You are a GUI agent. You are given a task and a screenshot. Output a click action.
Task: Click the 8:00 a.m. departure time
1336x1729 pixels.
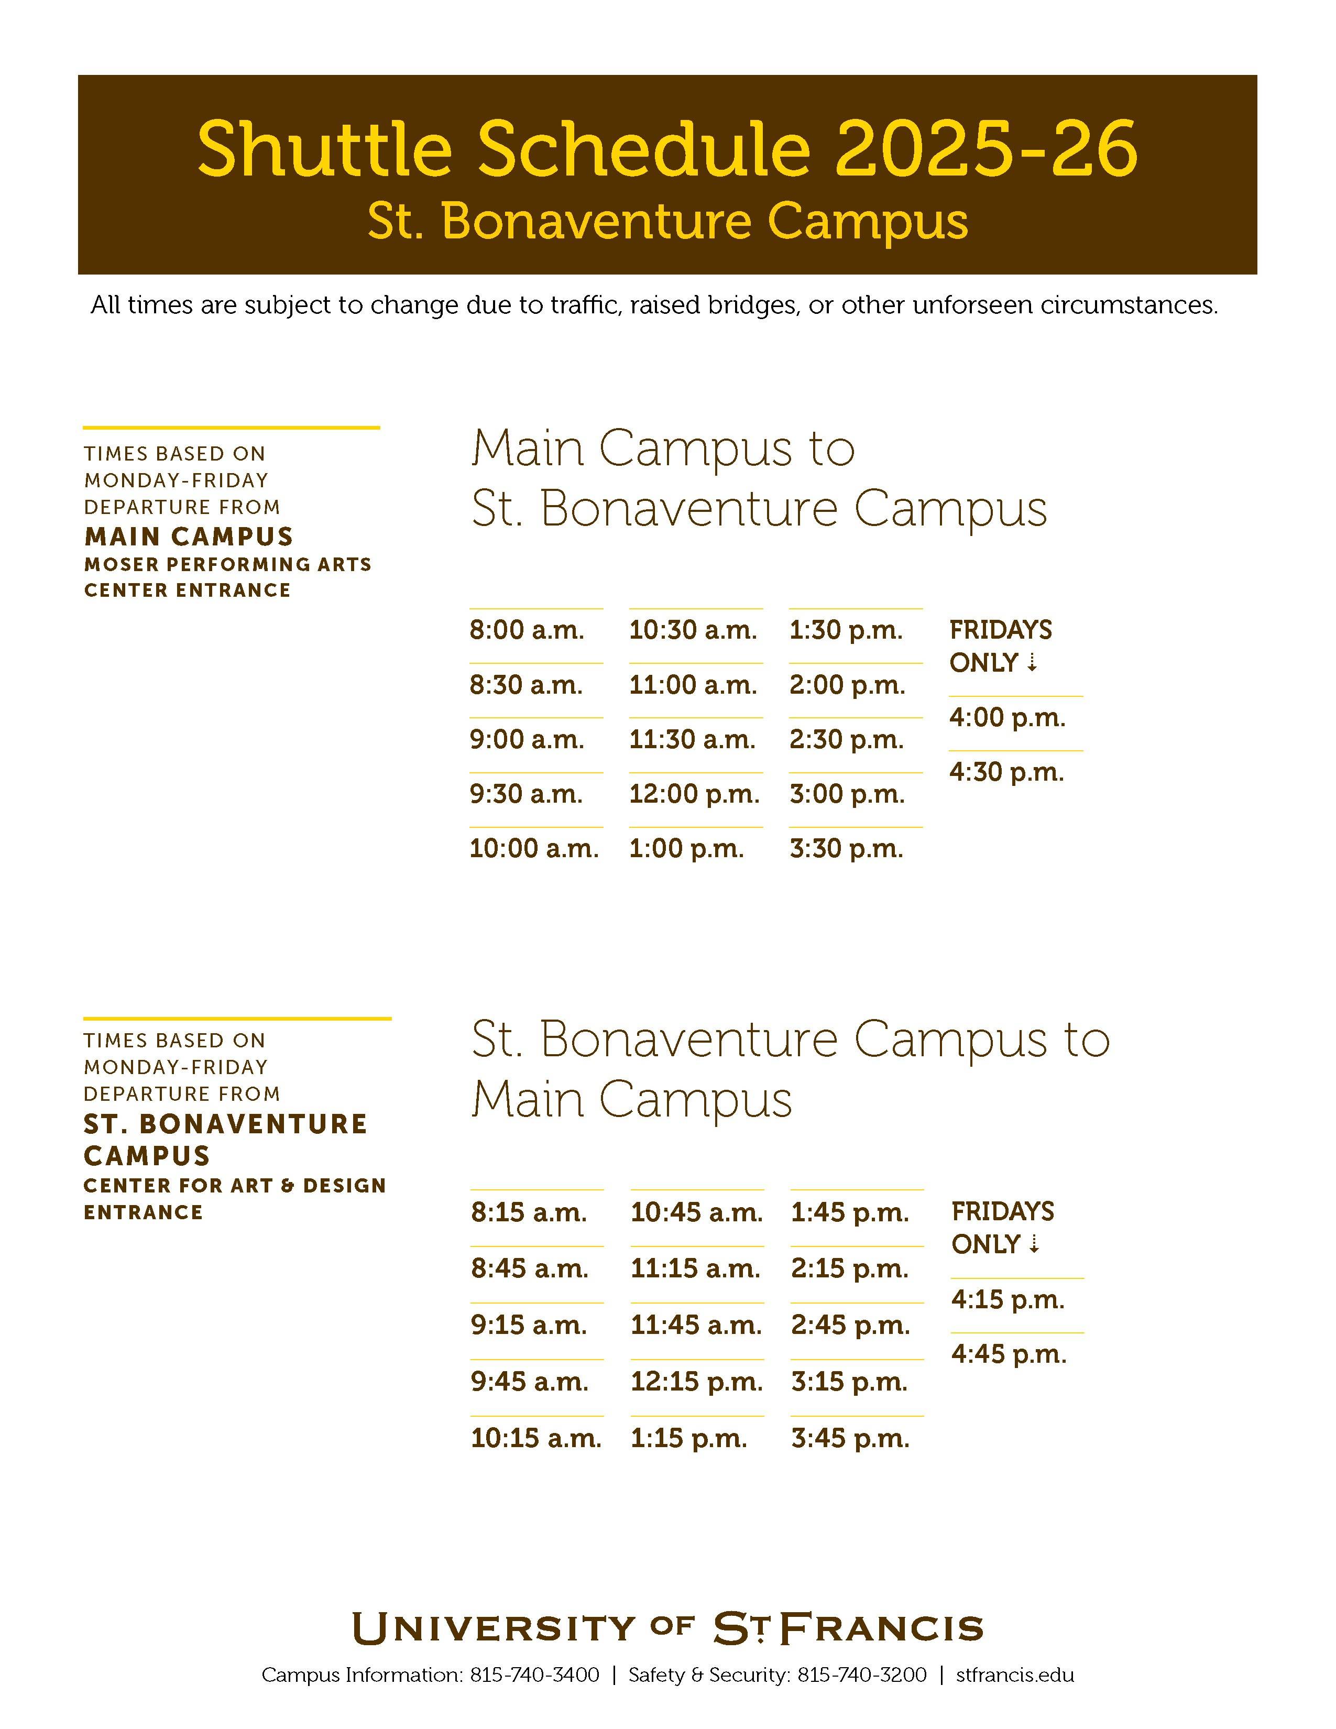click(527, 630)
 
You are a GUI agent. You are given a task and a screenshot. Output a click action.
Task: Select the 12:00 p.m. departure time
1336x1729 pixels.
click(694, 794)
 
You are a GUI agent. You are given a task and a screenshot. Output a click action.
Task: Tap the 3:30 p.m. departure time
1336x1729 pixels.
click(846, 849)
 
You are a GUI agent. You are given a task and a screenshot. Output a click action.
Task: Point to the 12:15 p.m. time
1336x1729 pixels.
click(696, 1382)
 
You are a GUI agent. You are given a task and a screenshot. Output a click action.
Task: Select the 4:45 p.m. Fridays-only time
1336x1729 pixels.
click(1009, 1354)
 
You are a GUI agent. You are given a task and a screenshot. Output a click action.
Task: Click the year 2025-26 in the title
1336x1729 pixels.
click(985, 149)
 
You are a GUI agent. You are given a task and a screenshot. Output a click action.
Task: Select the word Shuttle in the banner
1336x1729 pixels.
click(324, 149)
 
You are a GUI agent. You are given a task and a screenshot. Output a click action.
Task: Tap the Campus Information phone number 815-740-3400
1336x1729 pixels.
click(534, 1675)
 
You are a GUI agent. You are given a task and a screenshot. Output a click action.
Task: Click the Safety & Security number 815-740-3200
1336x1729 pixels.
click(861, 1675)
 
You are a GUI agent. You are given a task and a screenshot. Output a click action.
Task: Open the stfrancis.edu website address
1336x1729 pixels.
click(1015, 1675)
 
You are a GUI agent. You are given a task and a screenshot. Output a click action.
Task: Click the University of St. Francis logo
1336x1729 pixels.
click(667, 1628)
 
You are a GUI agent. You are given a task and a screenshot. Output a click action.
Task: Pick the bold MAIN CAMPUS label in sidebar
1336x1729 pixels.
click(189, 537)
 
